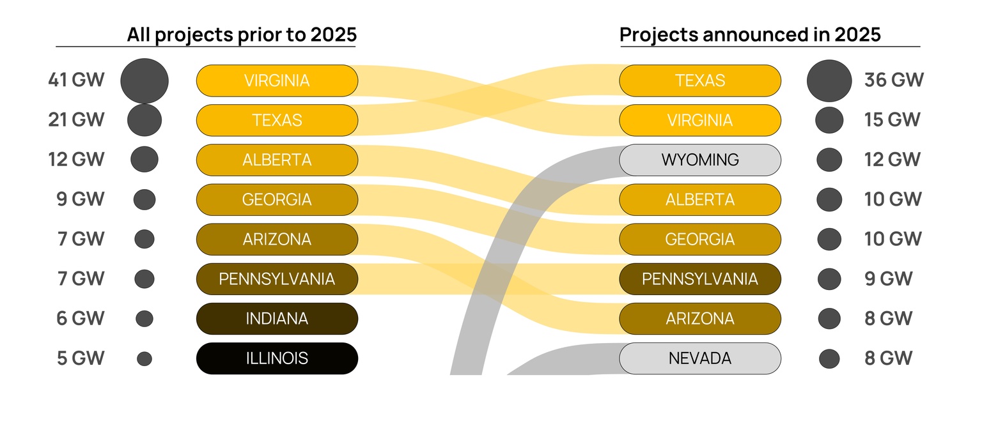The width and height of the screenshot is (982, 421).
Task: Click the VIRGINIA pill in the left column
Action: click(277, 80)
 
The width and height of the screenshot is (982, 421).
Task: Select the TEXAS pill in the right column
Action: click(700, 80)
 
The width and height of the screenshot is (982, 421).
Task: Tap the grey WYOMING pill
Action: click(700, 160)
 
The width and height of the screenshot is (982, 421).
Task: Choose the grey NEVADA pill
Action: click(700, 358)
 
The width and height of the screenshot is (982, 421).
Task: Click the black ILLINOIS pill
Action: click(277, 358)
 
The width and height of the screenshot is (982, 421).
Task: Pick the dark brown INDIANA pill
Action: click(277, 319)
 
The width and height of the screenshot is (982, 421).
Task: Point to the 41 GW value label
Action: click(76, 80)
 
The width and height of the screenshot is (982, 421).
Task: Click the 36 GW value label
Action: click(894, 80)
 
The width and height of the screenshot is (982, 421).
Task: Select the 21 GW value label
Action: click(76, 120)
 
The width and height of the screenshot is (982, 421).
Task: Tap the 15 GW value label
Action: click(892, 120)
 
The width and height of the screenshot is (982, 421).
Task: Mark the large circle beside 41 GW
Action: click(144, 80)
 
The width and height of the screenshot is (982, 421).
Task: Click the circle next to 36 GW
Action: click(829, 80)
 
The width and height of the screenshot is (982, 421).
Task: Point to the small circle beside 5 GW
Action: click(144, 358)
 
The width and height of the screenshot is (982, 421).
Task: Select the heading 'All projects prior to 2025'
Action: click(241, 34)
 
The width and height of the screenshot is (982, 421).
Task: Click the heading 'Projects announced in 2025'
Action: click(750, 34)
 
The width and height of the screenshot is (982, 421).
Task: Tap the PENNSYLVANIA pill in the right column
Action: click(700, 279)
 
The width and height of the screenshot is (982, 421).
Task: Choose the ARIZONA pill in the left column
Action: click(277, 240)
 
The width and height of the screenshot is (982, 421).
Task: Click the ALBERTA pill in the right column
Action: click(700, 199)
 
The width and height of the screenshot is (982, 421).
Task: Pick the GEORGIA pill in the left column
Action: click(277, 199)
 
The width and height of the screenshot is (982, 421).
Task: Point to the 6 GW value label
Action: click(81, 319)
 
